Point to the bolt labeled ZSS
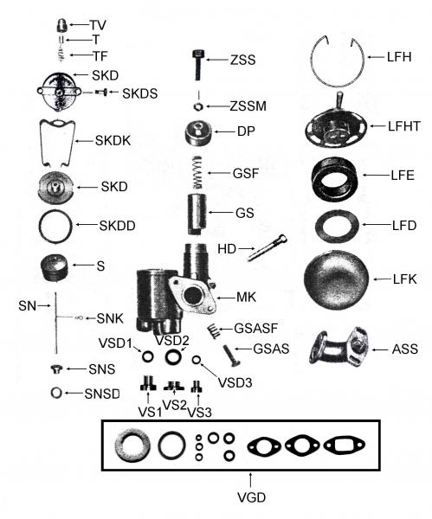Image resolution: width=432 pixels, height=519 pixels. click(198, 66)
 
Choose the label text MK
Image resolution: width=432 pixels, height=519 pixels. click(247, 298)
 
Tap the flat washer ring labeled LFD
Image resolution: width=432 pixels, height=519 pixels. click(335, 225)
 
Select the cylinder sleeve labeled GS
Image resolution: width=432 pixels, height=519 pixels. click(199, 213)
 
